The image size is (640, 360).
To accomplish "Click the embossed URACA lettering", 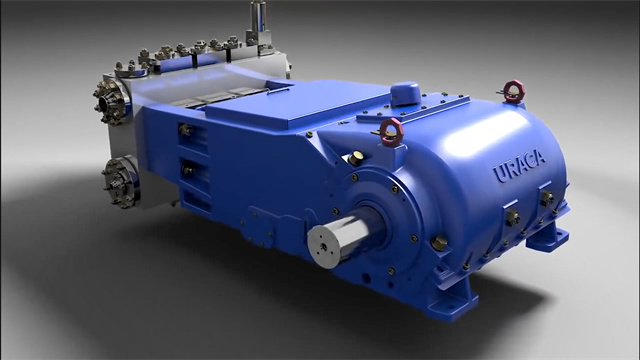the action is click(519, 165).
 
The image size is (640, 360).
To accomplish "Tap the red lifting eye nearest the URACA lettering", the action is click(513, 91).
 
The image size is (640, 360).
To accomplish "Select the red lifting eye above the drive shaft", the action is click(392, 131).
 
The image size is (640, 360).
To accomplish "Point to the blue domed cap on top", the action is click(405, 94).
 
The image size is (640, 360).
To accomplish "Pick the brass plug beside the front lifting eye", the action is click(356, 157).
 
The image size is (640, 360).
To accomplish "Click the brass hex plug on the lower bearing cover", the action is click(438, 243).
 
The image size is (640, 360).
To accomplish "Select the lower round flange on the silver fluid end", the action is click(119, 181).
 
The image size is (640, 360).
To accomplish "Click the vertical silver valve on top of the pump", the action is click(259, 24).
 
